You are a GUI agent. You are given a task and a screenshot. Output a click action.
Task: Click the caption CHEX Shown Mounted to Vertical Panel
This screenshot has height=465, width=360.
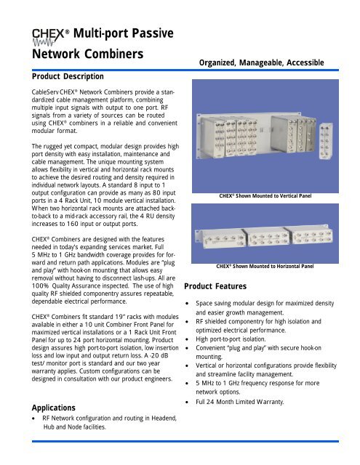pos(259,195)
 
